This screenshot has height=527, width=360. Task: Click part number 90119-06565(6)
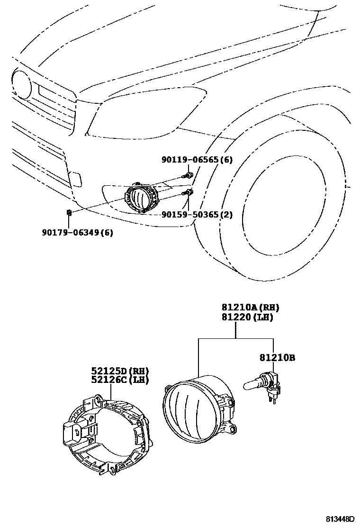point(197,160)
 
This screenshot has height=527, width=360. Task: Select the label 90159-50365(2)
point(197,215)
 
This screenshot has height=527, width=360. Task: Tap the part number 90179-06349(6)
point(78,232)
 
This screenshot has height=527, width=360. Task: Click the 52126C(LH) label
point(120,380)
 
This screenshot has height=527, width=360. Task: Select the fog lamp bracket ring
point(107,434)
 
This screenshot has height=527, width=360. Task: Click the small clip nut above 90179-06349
point(69,212)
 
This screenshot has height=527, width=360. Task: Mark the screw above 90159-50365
point(189,192)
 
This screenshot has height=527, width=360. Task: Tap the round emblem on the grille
point(21,86)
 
